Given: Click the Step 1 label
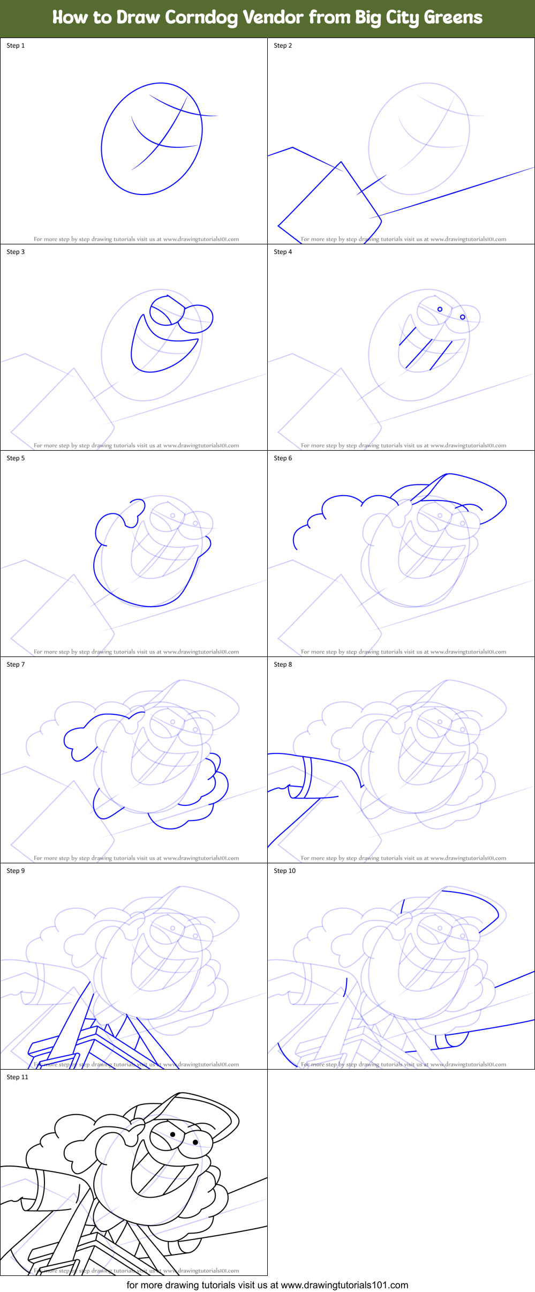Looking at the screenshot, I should (x=16, y=46).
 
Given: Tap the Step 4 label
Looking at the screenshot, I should (x=283, y=252).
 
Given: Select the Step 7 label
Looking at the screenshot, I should (x=16, y=664).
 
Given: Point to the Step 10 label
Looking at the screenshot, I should (x=284, y=871).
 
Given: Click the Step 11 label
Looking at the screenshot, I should (x=17, y=1077).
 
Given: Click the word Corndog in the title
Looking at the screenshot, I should (x=201, y=18).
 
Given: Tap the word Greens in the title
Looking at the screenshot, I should (x=453, y=18).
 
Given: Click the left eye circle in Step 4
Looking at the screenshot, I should (x=440, y=309).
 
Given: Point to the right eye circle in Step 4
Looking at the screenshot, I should (x=463, y=317).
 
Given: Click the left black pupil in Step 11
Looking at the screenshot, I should (x=173, y=1134).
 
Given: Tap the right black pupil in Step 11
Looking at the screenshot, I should (x=195, y=1142).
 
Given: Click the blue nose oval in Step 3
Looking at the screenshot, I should (x=196, y=318).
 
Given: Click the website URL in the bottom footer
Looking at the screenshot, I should (x=344, y=1285).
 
